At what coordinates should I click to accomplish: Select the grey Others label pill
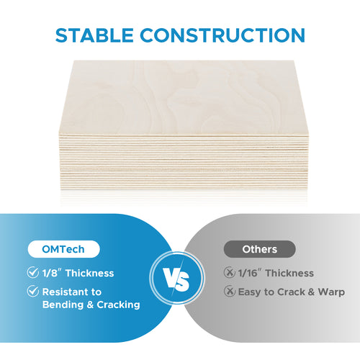click(259, 250)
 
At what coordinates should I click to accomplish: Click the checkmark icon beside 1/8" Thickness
click(32, 273)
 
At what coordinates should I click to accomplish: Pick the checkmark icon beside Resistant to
click(32, 292)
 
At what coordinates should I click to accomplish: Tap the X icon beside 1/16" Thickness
click(229, 273)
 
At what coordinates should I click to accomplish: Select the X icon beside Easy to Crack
click(229, 292)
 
